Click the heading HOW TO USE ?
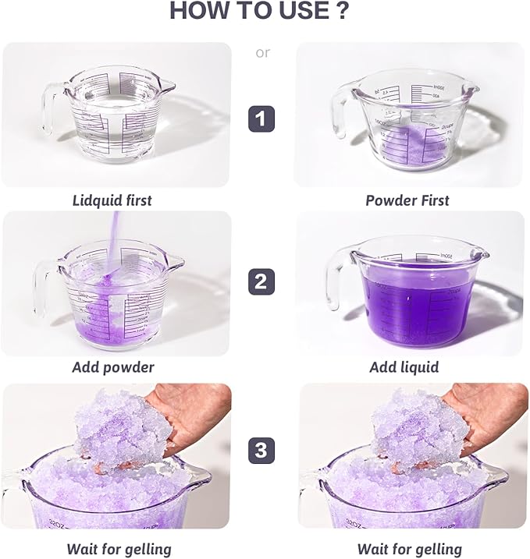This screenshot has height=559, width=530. (258, 10)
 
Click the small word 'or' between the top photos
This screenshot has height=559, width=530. (263, 53)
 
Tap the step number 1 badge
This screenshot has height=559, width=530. (261, 119)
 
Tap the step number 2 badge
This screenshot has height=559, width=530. (261, 281)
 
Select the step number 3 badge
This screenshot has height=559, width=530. (261, 451)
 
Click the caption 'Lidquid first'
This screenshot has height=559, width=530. (112, 200)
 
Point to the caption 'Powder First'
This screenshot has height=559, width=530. (407, 200)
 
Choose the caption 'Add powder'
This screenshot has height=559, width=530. (113, 367)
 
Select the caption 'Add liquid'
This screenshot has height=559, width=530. (404, 367)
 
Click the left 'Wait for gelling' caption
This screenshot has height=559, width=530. (119, 550)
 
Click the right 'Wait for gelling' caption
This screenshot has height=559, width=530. (409, 550)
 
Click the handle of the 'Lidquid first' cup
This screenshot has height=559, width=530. (49, 108)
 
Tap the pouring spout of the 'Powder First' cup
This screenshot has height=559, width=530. (471, 87)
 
